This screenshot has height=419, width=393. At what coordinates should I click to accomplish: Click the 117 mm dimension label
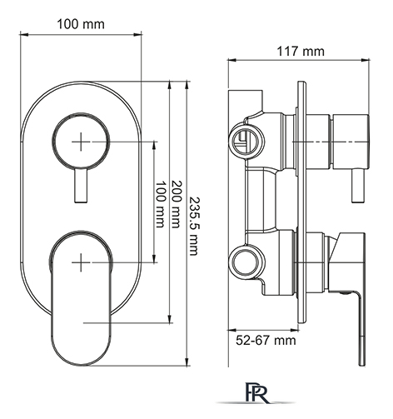[x=301, y=52]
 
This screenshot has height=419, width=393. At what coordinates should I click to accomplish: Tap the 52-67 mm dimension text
[x=266, y=340]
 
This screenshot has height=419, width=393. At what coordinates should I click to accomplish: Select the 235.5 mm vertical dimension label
[x=193, y=226]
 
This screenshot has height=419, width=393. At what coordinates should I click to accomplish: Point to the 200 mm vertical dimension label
[x=176, y=204]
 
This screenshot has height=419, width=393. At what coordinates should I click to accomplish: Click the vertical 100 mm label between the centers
[x=160, y=204]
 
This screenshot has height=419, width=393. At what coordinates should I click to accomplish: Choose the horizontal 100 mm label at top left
[x=81, y=24]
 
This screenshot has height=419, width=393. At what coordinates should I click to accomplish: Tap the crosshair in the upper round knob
[x=81, y=142]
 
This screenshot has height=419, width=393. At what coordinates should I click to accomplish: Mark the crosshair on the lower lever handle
[x=81, y=262]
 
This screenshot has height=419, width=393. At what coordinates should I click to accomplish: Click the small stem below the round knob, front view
[x=81, y=185]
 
